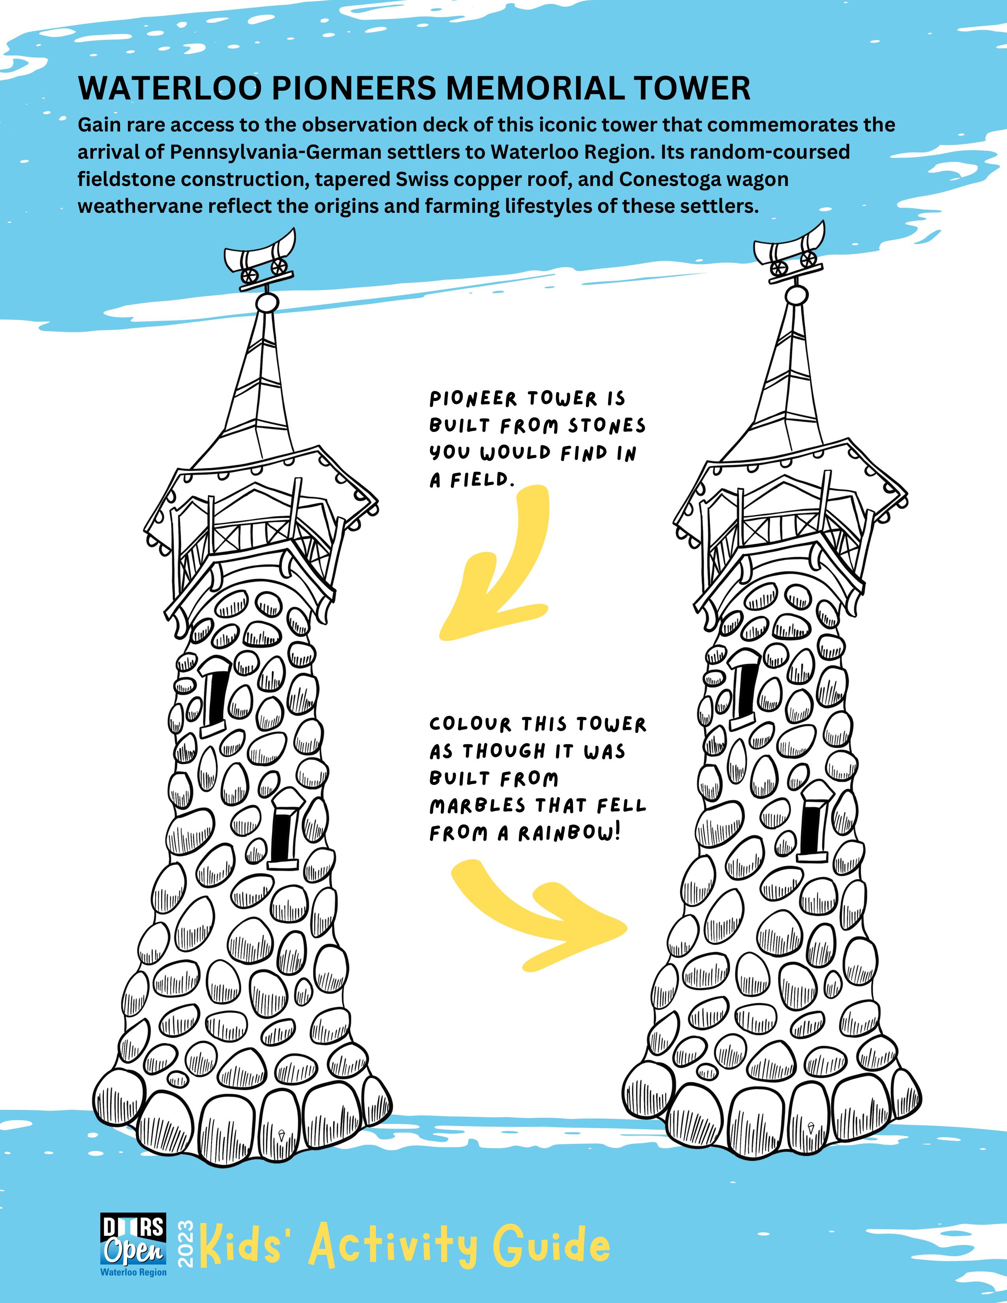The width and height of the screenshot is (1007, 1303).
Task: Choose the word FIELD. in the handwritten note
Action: pyautogui.click(x=483, y=481)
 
